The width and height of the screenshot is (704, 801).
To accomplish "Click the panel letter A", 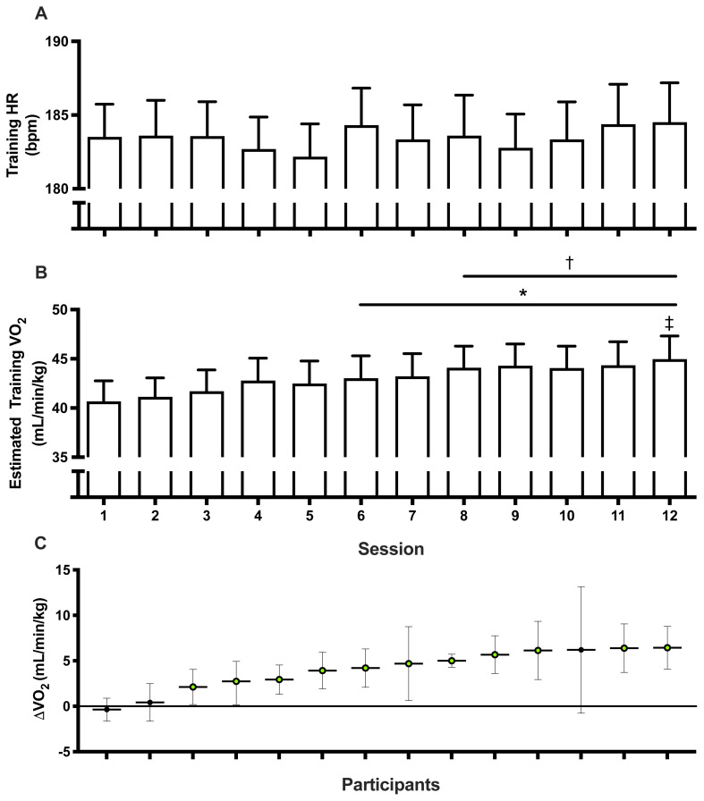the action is point(41,13).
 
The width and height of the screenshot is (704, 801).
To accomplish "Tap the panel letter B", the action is point(41,273).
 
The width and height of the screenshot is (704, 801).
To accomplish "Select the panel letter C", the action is point(41,543).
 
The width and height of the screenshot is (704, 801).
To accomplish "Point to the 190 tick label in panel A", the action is point(56,41).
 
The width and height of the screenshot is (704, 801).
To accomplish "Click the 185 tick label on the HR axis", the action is point(56,115).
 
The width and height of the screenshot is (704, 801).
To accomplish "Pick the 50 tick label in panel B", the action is point(60,309).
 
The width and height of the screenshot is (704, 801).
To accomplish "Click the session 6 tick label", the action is point(361,516).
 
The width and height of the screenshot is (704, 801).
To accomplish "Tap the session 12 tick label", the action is point(669,516).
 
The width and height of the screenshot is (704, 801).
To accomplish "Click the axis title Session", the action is point(391,549).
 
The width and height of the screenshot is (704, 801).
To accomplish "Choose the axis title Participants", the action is point(391,784).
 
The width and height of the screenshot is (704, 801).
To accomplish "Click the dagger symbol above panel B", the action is point(570,263).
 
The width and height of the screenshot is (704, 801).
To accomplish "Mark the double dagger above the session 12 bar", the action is point(669,324).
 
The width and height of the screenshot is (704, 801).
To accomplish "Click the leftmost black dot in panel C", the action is point(106,710).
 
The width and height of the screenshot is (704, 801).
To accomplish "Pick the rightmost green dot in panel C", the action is point(667,648).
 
